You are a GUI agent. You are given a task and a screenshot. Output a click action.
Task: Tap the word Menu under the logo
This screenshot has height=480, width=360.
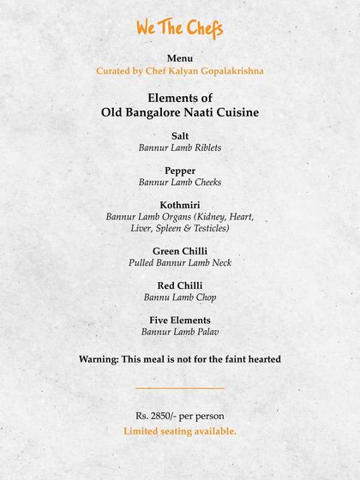pos(180,57)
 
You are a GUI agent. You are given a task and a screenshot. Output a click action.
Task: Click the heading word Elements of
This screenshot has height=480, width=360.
pos(180,98)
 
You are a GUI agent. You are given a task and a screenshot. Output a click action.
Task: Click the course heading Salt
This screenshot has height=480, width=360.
pos(180,135)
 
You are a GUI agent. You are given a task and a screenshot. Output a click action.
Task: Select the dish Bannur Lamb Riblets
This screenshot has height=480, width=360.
pos(180,147)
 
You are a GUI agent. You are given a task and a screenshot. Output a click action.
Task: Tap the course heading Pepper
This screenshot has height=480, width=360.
pos(180,171)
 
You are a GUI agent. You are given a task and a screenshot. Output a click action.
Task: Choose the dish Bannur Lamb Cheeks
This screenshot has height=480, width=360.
pos(180,183)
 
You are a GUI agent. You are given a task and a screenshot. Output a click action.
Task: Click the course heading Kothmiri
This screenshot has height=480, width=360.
pos(180,205)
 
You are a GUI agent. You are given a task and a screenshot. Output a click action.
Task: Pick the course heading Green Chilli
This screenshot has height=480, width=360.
pos(180,251)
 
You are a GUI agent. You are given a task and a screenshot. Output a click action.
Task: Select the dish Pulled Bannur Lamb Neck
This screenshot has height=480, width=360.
pos(180,263)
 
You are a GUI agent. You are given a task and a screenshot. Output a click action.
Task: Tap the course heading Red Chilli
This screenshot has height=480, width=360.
pos(180,285)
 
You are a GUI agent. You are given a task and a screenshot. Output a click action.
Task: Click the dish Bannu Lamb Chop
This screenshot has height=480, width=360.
pos(180,297)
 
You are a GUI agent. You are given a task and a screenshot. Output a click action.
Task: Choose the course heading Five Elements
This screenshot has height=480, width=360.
pos(180,321)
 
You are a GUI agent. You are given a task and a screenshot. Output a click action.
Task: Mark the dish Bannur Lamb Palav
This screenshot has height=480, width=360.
pos(180,332)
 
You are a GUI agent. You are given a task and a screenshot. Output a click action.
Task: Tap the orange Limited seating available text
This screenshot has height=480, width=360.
pos(180,431)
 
